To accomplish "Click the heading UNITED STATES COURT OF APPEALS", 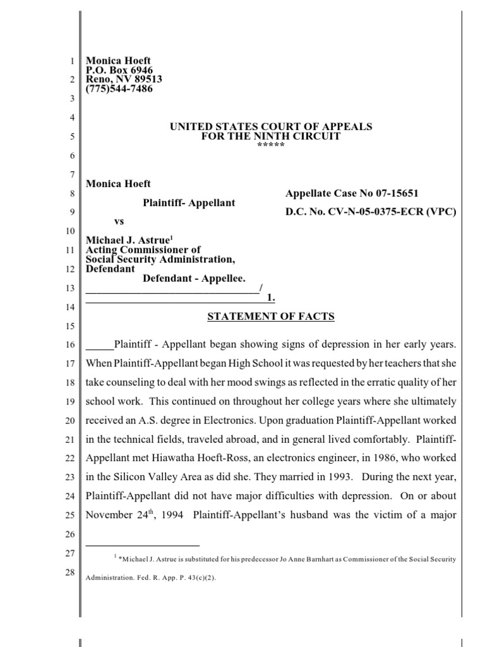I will coord(271,127).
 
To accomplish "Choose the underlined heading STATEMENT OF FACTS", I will coord(271,317).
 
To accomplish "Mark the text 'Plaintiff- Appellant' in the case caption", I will coord(188,203).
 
